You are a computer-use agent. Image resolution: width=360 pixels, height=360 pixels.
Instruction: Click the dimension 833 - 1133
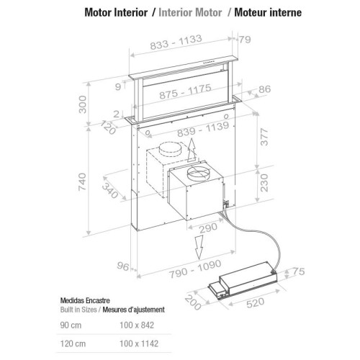click(176, 42)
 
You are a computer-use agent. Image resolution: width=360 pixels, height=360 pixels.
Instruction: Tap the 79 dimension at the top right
click(245, 40)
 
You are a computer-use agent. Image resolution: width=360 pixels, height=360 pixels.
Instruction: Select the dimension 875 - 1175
click(185, 91)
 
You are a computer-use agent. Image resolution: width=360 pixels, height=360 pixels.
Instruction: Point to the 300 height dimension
click(83, 104)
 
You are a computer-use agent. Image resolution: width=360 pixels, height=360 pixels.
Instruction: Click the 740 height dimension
click(82, 182)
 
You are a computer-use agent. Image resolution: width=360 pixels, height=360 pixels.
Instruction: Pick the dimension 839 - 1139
click(203, 130)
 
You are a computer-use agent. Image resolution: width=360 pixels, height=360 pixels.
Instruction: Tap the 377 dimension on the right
click(264, 137)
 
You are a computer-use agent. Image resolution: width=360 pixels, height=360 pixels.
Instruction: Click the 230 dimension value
click(264, 183)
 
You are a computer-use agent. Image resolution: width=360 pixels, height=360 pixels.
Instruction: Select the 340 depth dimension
click(110, 191)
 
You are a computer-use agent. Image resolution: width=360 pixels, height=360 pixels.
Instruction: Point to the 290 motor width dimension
click(208, 228)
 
